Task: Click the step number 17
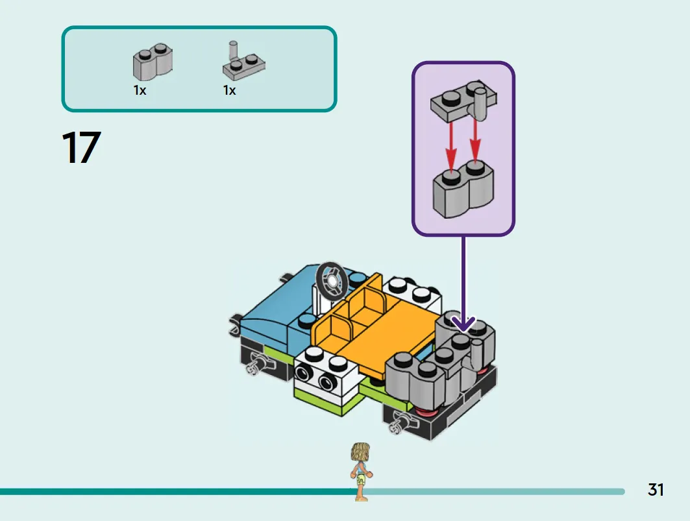81,147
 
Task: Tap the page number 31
655,490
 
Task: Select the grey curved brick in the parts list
153,61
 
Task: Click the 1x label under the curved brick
140,90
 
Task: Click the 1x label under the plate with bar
229,90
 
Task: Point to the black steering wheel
332,281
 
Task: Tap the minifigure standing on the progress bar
362,471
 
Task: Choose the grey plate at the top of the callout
464,101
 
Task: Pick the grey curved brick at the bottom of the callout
463,189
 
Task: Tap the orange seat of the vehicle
374,326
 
